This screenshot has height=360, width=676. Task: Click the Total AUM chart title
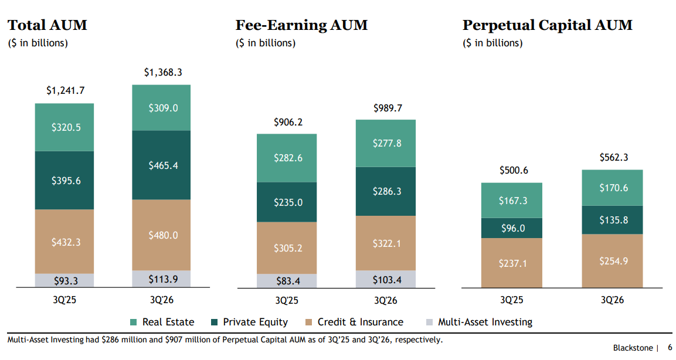[x=47, y=25]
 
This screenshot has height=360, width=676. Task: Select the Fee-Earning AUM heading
[x=301, y=25]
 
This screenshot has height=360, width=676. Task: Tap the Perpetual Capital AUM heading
[x=548, y=25]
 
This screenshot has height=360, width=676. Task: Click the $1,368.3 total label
[x=163, y=72]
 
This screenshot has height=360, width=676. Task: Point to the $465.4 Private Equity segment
[x=161, y=165]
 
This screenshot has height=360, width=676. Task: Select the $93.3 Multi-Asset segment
[x=64, y=281]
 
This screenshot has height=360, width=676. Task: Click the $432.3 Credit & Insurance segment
[x=64, y=242]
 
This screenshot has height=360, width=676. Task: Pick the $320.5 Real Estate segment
[x=64, y=127]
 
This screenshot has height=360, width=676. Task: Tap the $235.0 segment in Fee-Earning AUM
[x=287, y=202]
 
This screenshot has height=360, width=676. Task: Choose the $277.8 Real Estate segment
[x=386, y=143]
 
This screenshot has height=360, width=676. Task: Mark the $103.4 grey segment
[x=386, y=279]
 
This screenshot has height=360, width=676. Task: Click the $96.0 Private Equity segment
[x=512, y=228]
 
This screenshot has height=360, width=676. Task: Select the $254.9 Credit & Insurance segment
[x=612, y=261]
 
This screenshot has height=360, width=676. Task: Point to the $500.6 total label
[x=514, y=170]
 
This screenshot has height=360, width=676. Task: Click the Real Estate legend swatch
[x=134, y=322]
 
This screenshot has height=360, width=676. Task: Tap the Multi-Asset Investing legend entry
[x=480, y=322]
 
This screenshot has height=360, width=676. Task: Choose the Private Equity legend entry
[x=249, y=322]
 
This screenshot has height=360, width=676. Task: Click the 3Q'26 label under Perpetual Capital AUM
[x=612, y=300]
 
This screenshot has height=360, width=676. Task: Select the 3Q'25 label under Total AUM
[x=64, y=300]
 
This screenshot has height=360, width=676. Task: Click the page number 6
[x=670, y=348]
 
